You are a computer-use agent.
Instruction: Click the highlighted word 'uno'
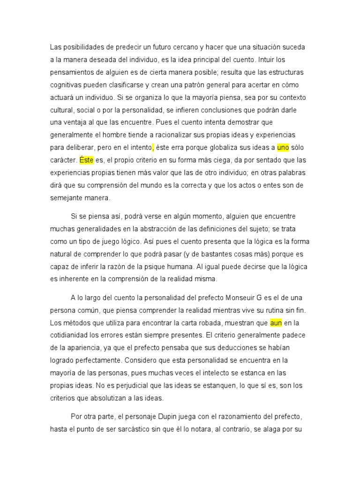(x=283, y=147)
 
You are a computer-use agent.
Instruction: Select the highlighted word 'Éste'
(x=86, y=160)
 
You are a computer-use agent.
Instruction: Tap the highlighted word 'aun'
(x=276, y=322)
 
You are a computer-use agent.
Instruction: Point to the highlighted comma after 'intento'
(x=153, y=147)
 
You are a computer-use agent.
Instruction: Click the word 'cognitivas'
(x=66, y=85)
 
